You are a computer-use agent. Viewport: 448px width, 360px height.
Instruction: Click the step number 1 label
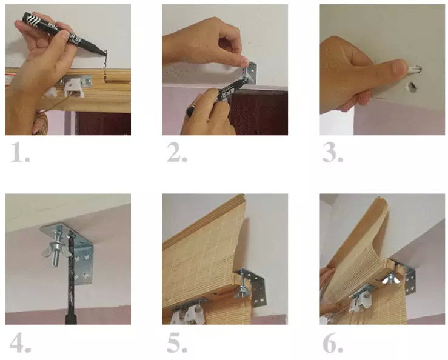(x=20, y=153)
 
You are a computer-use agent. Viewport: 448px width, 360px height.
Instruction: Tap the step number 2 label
(x=177, y=153)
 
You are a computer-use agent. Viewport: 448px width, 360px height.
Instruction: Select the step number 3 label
(x=333, y=153)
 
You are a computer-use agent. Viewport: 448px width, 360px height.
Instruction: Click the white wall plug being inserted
(x=413, y=69)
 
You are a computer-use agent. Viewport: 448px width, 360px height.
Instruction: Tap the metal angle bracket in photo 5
(x=253, y=285)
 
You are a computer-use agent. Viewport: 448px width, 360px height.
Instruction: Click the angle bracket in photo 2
(x=250, y=73)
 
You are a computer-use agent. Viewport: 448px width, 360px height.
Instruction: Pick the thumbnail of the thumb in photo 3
(x=399, y=67)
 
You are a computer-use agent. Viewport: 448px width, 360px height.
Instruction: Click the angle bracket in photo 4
(x=79, y=252)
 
